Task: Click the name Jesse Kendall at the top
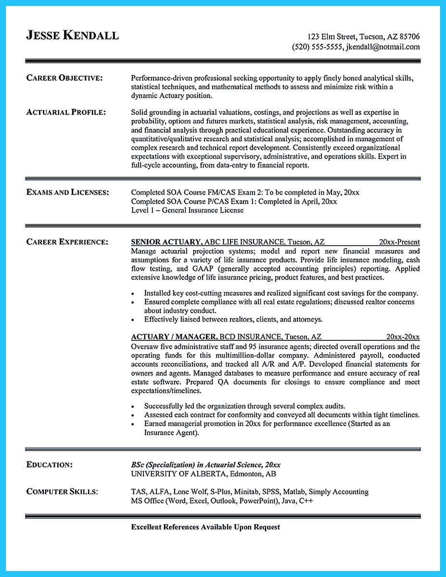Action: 72,36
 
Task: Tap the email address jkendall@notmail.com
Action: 382,47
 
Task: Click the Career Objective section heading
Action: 64,78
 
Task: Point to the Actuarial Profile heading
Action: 66,113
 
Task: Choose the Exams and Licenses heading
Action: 67,192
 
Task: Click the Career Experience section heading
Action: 67,242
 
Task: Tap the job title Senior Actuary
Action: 166,242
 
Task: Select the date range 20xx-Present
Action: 399,242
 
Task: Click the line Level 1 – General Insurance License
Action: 187,210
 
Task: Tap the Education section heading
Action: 50,464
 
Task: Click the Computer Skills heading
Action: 62,491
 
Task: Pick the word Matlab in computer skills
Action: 293,492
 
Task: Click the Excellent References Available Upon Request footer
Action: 205,527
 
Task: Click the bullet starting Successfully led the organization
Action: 244,406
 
